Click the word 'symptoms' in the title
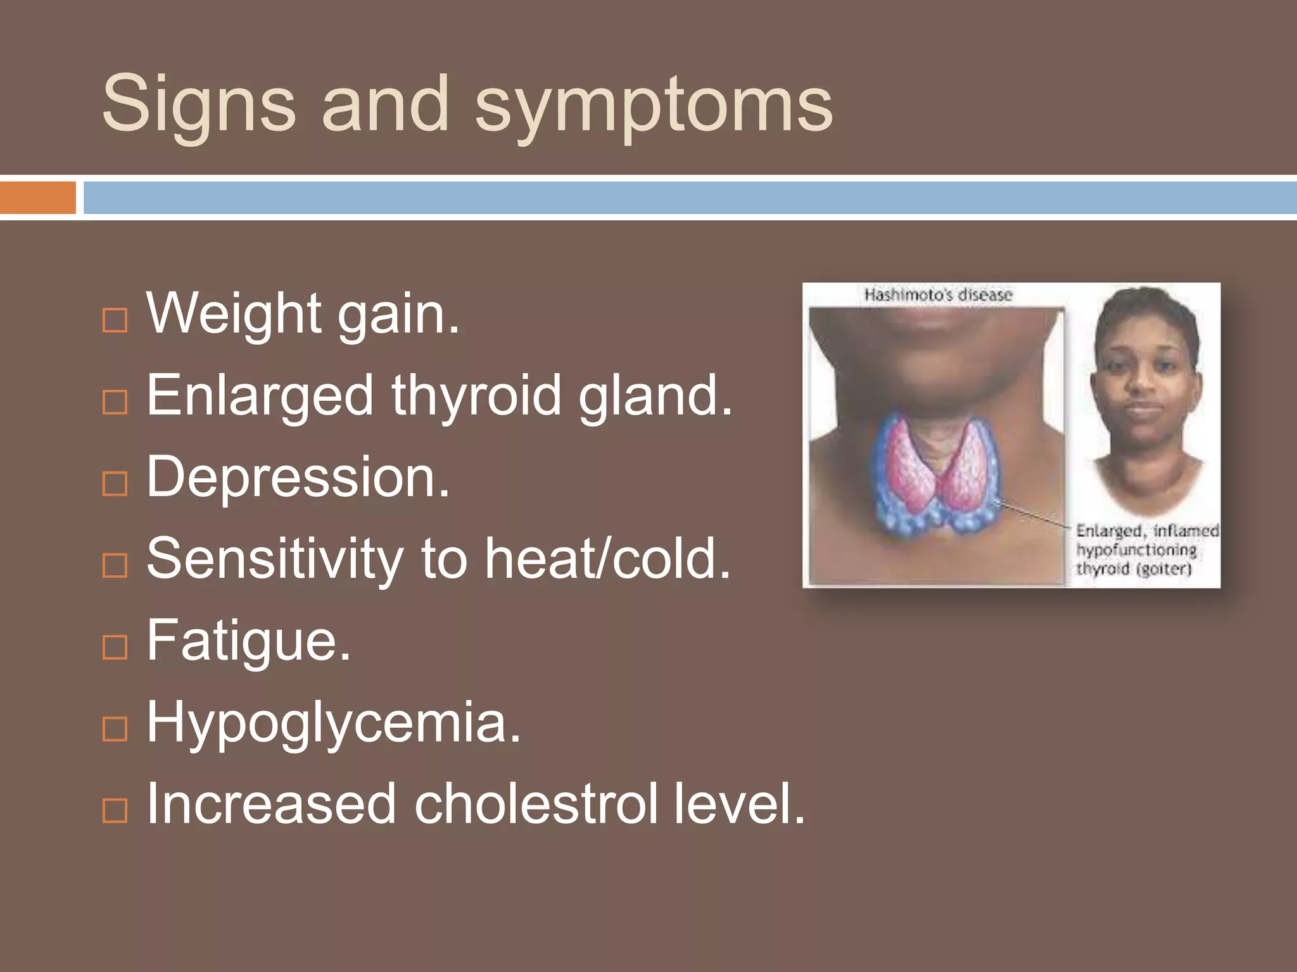654,104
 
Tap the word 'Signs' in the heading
198,104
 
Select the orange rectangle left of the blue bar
37,197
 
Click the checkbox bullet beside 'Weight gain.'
115,320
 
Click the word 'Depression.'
298,477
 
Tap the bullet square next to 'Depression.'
115,483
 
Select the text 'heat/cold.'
608,559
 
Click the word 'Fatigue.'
248,640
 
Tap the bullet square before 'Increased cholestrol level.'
115,810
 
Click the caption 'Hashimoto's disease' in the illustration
938,295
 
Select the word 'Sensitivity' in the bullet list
274,559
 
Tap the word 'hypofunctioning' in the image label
1136,550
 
